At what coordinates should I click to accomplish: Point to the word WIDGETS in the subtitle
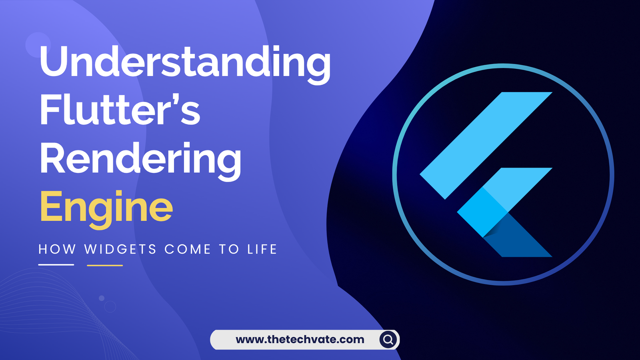[120, 249]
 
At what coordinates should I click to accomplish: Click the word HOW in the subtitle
[57, 249]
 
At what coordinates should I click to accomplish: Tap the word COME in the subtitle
[188, 249]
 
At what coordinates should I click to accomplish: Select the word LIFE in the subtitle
[262, 249]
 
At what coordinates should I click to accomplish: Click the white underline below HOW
[56, 265]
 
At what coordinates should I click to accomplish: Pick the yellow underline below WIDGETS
[105, 265]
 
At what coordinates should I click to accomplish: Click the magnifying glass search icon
[388, 340]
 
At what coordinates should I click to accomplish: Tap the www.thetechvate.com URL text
[300, 340]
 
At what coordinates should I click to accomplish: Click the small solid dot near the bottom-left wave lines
[102, 298]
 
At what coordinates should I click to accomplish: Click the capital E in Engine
[50, 206]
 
